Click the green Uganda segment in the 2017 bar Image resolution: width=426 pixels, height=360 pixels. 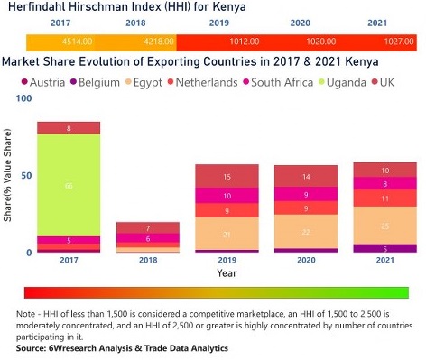(x=69, y=185)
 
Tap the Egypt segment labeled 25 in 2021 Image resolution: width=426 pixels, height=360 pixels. (x=384, y=225)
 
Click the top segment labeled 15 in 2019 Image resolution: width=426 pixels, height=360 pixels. (x=227, y=176)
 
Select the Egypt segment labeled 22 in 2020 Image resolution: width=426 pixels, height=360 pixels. (x=305, y=231)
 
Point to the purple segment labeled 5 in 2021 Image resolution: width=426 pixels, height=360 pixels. (x=384, y=248)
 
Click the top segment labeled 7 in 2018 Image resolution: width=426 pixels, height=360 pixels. (x=147, y=227)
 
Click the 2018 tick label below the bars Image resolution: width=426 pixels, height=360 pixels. (x=147, y=261)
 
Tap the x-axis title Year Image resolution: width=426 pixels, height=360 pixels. (x=227, y=272)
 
